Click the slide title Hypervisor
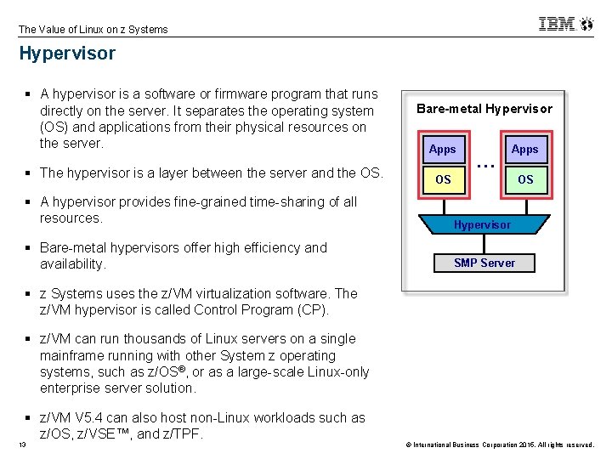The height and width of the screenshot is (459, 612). point(67,54)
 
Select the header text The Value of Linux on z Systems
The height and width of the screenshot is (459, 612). point(93,29)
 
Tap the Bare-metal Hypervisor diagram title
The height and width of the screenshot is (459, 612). point(484,109)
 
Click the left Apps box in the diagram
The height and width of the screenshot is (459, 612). point(443,149)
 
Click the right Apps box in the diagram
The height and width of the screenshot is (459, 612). point(524,149)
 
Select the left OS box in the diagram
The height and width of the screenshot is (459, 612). point(443,179)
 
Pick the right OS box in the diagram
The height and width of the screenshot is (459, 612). point(524,179)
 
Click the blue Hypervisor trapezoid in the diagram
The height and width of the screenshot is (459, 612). point(482,224)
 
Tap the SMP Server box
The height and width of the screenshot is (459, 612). point(484,263)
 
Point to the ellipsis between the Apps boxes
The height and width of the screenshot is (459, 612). point(484,162)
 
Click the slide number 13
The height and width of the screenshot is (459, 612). point(23,445)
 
